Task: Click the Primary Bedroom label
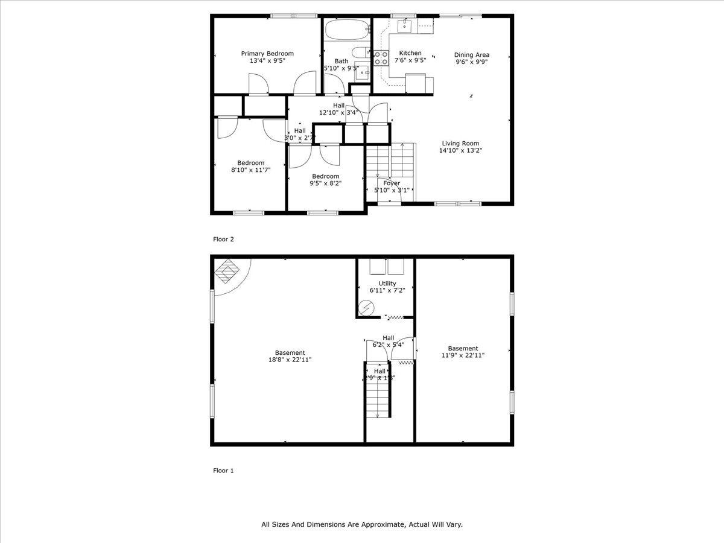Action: point(267,54)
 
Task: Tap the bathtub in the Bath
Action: point(346,29)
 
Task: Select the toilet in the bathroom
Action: point(360,52)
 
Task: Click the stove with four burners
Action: point(381,58)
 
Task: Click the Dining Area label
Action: point(471,54)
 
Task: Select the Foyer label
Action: point(392,183)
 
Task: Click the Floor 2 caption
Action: point(223,239)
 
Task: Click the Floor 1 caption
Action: point(223,471)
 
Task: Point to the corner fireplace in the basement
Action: point(227,271)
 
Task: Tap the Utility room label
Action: point(387,283)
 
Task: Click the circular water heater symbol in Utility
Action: point(365,308)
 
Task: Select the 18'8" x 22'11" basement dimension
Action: point(290,360)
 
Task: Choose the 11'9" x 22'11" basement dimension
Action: point(463,355)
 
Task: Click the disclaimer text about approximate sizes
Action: point(362,525)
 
